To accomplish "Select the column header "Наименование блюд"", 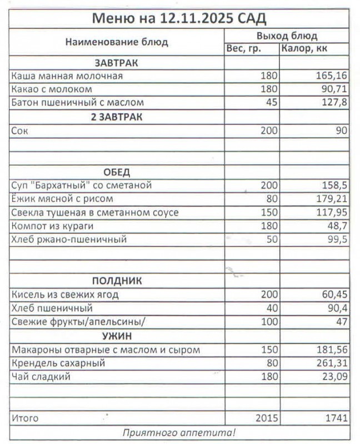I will (117, 42).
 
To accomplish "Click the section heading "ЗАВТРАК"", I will (117, 63).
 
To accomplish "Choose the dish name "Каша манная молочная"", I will (67, 76).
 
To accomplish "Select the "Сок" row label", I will (19, 131).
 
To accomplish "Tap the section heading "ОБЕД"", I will (117, 172).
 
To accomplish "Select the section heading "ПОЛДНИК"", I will (117, 281).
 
